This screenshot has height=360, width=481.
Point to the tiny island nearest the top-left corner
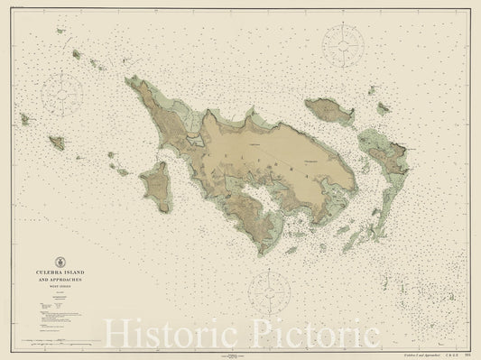(x=60, y=31)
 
